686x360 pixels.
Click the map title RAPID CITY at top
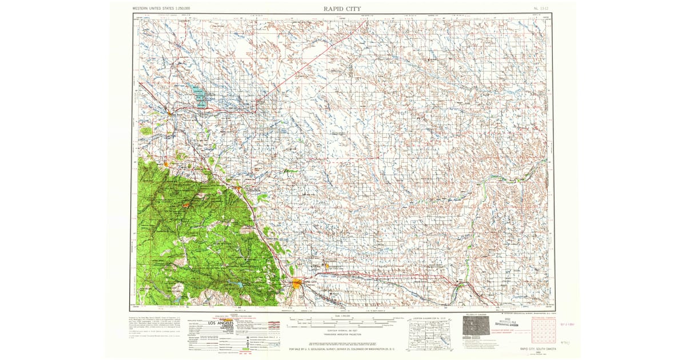pyautogui.click(x=342, y=8)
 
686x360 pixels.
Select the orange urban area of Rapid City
pyautogui.click(x=297, y=283)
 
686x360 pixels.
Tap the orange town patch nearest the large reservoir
pyautogui.click(x=170, y=113)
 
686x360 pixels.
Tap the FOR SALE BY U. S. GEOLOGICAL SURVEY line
pyautogui.click(x=342, y=348)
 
